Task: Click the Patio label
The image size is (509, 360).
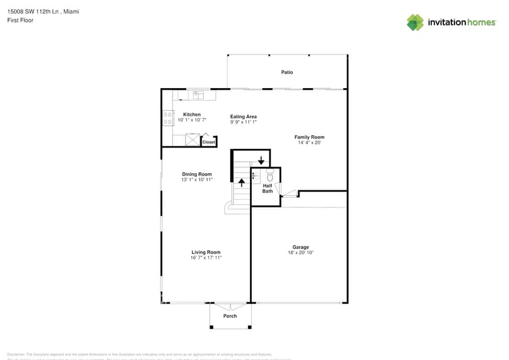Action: pos(287,72)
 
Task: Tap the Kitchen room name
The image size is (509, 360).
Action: pos(192,114)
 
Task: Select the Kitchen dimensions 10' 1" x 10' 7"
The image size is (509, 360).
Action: pos(192,120)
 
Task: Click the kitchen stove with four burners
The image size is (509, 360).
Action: pos(167,118)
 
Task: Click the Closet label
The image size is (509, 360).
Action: pos(209,142)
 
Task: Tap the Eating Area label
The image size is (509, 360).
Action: pos(243,116)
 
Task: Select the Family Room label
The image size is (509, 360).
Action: pos(309,137)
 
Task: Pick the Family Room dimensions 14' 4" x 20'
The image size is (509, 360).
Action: pos(309,143)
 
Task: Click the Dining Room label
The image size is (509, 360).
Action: pos(197,174)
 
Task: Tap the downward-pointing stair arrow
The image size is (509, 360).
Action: pos(261,160)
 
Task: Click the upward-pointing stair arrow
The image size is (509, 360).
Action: pos(241,181)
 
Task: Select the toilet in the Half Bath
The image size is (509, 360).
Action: pos(270,176)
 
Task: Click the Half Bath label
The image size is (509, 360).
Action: pos(268,189)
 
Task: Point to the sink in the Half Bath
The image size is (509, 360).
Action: pos(255,176)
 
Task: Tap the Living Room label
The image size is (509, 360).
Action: pos(206,252)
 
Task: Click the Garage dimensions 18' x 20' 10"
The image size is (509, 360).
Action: pos(300,253)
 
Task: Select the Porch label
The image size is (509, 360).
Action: pos(230,316)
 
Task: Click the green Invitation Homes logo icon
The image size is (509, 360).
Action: pos(415,22)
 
